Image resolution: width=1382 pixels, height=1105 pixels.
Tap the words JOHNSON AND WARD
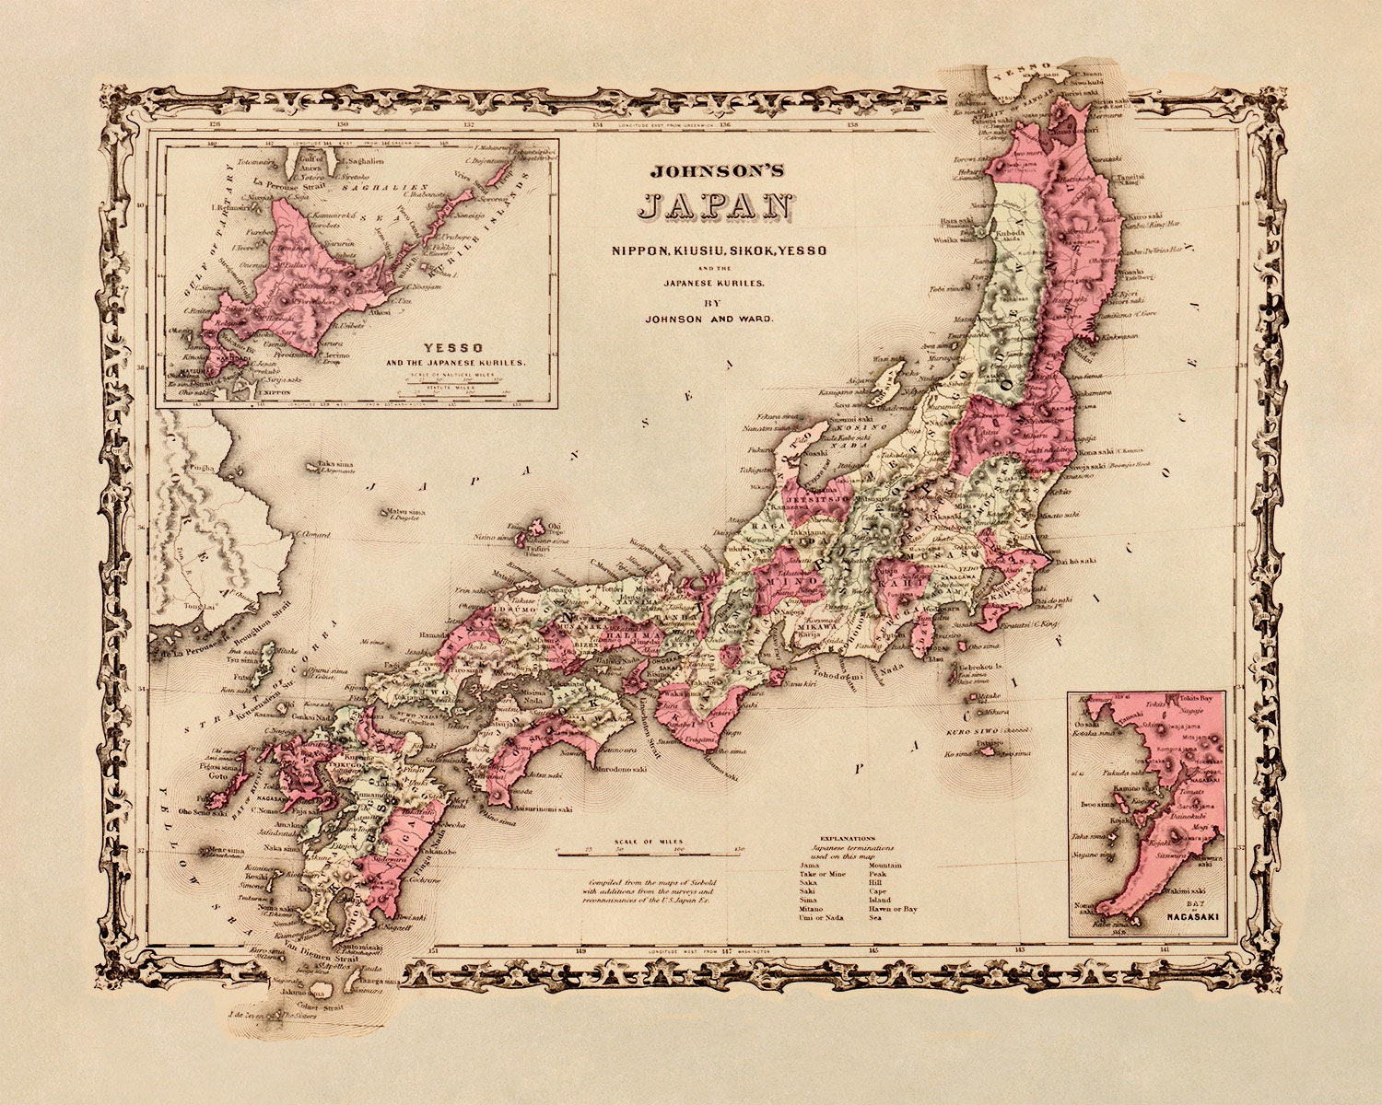[x=709, y=319]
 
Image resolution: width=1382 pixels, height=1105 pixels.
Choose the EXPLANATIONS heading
[x=850, y=838]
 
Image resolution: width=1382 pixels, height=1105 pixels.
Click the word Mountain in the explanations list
[x=885, y=865]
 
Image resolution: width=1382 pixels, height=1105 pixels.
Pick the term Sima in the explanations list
[x=807, y=900]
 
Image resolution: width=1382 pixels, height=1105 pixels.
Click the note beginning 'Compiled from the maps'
[x=649, y=890]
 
